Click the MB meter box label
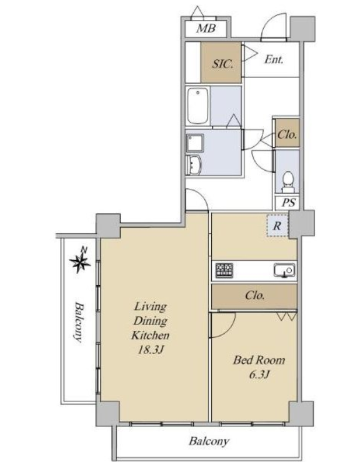pos(206,28)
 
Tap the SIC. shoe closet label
pos(222,64)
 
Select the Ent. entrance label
pos(274,59)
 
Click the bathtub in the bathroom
pos(197,106)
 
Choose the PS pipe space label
pos(289,203)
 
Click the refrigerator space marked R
pos(277,226)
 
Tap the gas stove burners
pos(224,270)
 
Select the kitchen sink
pos(284,270)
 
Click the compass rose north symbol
pos(80,261)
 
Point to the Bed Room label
pos(259,360)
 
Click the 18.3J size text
pos(151,350)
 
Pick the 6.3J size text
pos(259,375)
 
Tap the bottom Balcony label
pos(209,441)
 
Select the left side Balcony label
pos(79,322)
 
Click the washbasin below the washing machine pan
pos(194,165)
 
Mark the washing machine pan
pos(195,143)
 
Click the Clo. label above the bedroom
pos(255,296)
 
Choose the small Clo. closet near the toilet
pos(287,133)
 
